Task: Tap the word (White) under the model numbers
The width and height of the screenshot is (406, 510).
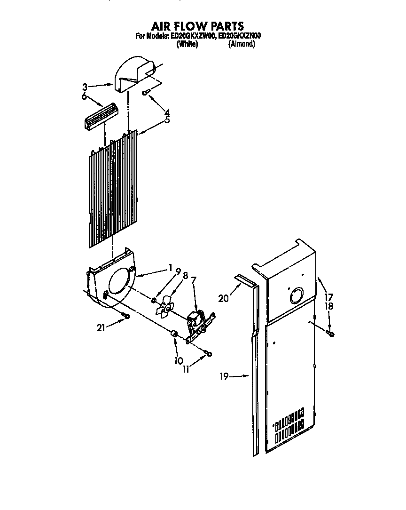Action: point(187,44)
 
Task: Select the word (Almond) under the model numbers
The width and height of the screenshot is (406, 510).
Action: point(242,44)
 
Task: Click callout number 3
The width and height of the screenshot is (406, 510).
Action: point(85,87)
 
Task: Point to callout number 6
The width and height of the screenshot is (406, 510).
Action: point(85,96)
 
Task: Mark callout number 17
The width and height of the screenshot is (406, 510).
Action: point(328,297)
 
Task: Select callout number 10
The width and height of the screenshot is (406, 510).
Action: point(178,361)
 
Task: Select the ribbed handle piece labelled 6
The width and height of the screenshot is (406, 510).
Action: point(100,115)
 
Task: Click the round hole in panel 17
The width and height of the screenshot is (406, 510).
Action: point(296,296)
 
